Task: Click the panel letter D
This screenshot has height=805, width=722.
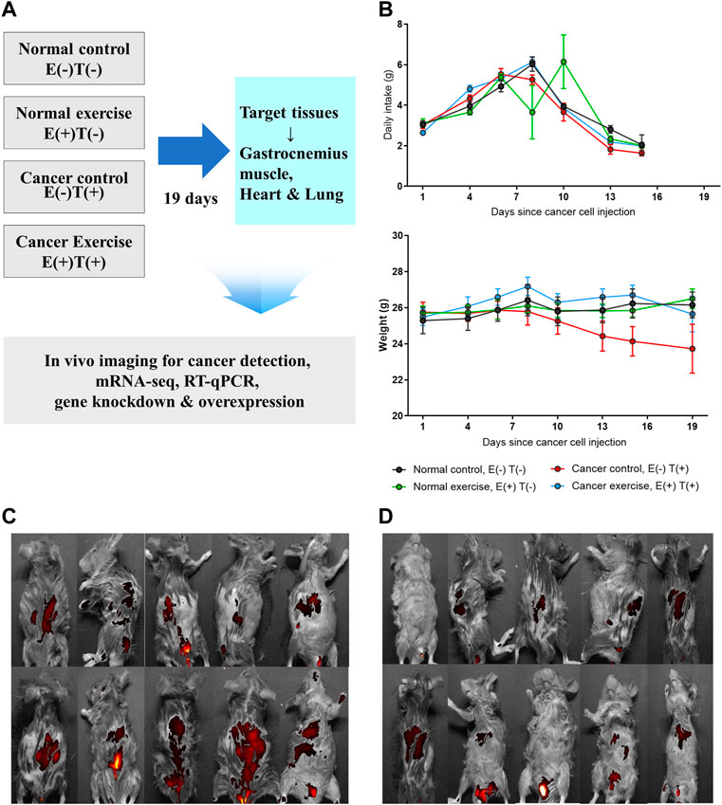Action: tap(385, 517)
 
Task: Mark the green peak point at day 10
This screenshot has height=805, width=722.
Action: tap(564, 62)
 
